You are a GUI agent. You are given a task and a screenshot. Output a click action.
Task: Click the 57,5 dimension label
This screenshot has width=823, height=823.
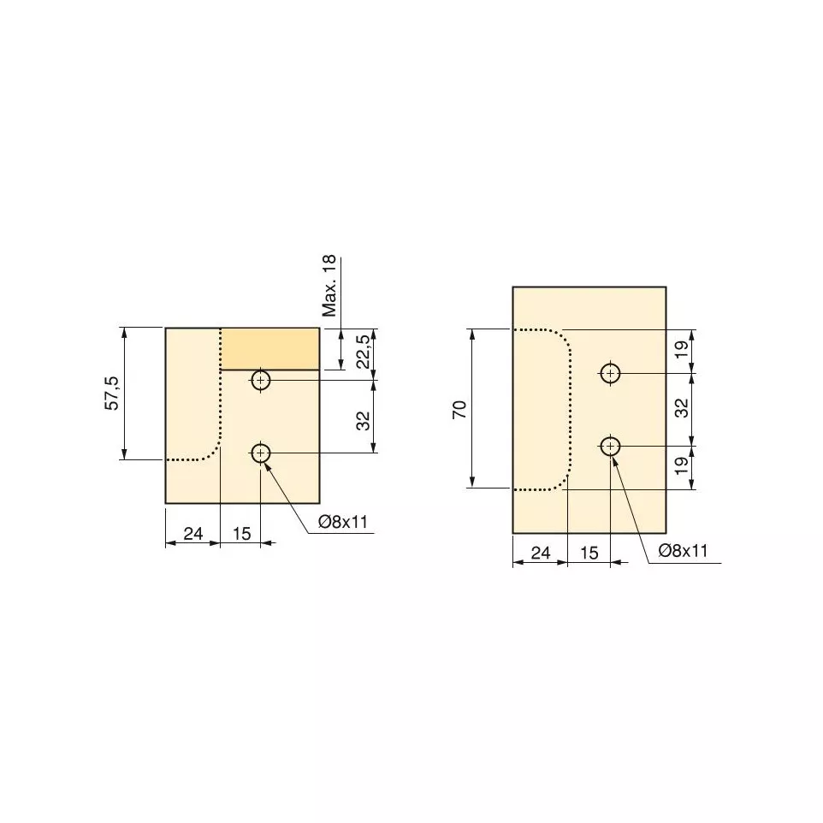114,394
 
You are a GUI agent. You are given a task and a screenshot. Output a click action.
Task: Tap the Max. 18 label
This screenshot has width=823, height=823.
329,286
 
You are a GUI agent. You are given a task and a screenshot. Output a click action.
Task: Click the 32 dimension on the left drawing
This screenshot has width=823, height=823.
364,421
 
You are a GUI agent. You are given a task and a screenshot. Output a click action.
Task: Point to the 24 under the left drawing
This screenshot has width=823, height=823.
193,533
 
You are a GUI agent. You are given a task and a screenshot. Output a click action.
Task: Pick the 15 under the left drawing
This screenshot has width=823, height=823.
242,533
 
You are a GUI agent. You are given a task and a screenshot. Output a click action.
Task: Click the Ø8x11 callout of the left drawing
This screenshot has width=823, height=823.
343,522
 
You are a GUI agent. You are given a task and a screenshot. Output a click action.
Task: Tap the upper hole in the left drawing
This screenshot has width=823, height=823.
261,380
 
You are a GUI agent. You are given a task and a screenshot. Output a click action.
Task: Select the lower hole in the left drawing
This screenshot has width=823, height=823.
261,453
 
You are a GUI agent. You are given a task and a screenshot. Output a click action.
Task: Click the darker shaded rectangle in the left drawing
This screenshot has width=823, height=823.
269,349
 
